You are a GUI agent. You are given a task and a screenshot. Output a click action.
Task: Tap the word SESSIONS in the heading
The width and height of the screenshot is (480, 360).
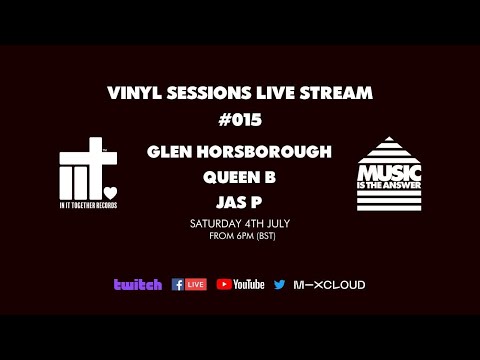point(200,93)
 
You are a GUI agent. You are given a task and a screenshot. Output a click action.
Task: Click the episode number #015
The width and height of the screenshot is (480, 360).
point(239,121)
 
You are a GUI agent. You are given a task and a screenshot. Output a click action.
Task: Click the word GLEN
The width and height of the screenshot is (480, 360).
point(169,153)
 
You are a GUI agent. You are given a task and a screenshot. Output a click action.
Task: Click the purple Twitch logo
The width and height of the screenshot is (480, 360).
point(137,285)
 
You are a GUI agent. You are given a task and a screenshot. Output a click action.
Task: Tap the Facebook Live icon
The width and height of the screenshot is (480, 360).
point(189,285)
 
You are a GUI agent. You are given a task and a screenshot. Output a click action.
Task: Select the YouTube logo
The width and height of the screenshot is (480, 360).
point(241,285)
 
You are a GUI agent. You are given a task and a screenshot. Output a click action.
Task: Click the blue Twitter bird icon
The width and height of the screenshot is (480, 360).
point(279,285)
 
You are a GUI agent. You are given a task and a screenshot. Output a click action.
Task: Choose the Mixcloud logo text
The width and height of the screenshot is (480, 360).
point(329,285)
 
